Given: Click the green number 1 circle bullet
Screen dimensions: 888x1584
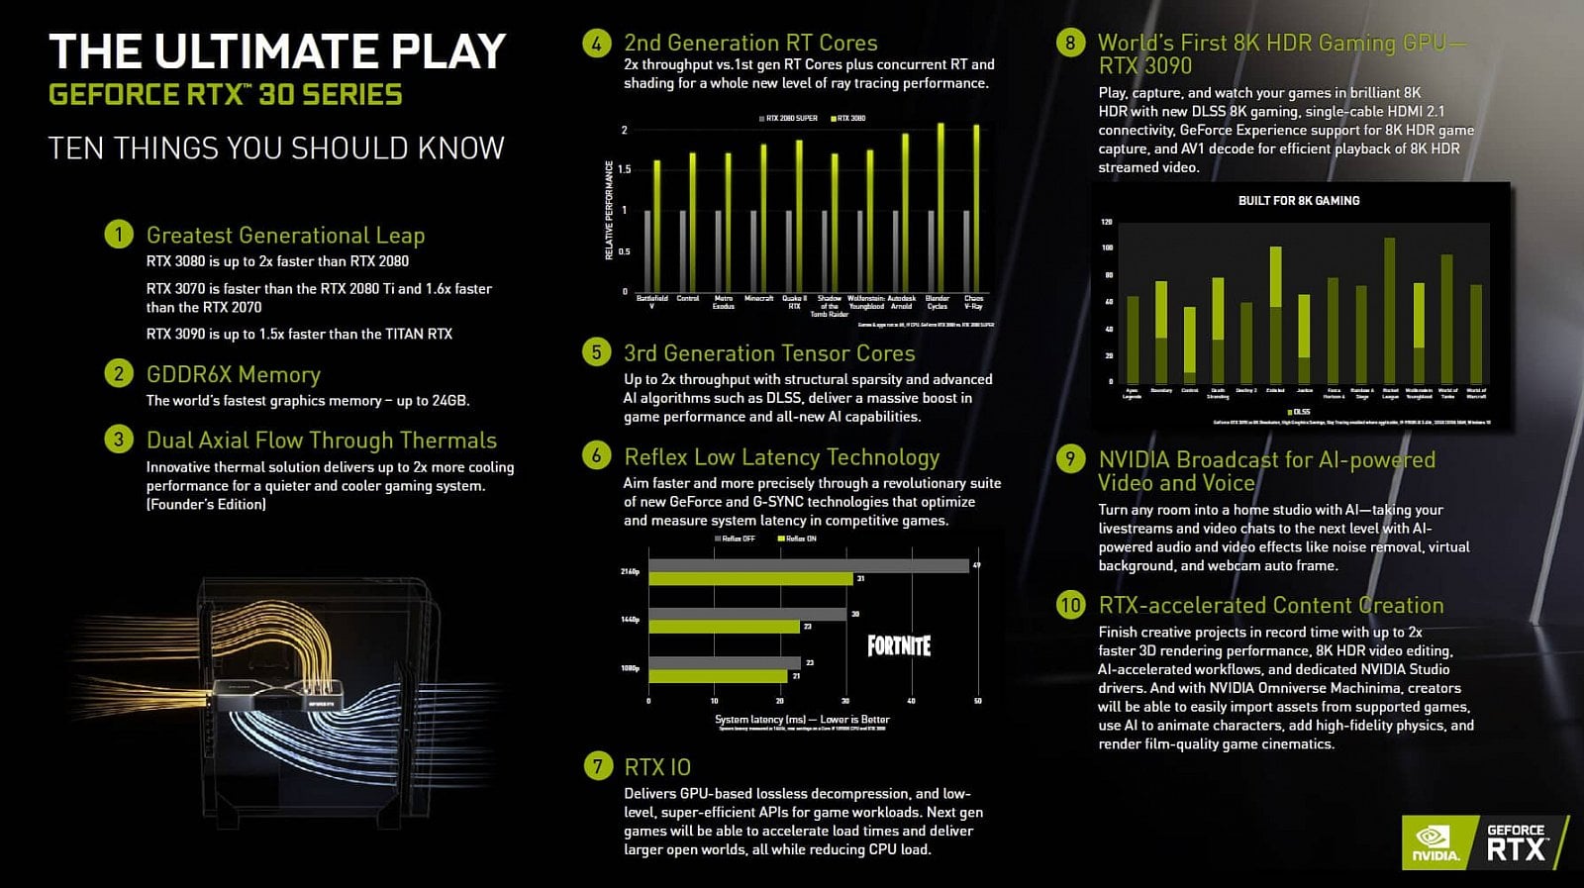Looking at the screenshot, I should point(118,235).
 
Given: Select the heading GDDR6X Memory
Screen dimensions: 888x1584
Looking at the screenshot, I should point(234,374).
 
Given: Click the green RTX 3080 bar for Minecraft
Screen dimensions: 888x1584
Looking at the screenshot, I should point(763,218).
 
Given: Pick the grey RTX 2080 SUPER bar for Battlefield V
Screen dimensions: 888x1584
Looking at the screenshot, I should point(647,249).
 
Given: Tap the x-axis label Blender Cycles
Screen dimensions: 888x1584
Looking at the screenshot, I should point(937,302).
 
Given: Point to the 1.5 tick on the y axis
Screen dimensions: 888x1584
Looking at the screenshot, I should point(624,169).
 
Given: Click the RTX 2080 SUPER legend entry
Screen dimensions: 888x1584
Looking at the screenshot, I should point(790,118).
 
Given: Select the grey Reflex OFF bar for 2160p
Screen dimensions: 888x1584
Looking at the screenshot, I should point(808,566).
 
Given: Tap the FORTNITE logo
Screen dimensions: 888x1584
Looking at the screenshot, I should point(899,646).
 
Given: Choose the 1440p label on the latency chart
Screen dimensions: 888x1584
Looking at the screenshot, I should point(630,620).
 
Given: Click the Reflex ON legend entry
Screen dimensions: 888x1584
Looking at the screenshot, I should point(798,539).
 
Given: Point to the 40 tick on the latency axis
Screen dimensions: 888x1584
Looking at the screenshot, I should point(911,701).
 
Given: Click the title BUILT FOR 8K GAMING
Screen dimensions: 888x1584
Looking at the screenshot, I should point(1298,201).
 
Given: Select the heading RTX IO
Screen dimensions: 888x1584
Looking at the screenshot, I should point(657,767).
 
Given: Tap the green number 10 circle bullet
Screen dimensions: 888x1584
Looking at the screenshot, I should point(1070,605).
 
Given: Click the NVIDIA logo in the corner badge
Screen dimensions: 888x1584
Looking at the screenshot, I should point(1435,843).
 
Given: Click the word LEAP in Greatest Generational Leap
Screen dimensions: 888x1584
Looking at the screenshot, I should point(400,236).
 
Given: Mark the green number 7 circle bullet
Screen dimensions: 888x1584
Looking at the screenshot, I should point(597,766).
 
